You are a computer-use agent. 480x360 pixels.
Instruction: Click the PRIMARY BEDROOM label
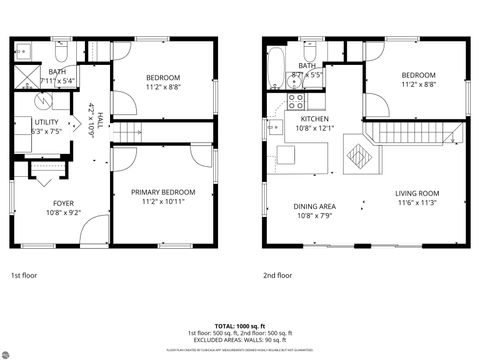(x=163, y=191)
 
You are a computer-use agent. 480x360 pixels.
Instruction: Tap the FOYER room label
(x=63, y=203)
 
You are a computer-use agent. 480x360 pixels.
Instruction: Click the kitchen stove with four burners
(x=297, y=101)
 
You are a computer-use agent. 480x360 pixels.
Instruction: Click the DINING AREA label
(x=314, y=207)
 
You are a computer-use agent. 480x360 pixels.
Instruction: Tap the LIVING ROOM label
(x=417, y=193)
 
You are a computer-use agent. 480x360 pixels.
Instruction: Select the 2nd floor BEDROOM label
(x=418, y=76)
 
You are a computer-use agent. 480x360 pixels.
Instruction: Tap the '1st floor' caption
(x=25, y=274)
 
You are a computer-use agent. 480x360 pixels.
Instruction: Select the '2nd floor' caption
(x=277, y=274)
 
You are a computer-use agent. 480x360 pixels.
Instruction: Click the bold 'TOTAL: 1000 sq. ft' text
(x=240, y=326)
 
